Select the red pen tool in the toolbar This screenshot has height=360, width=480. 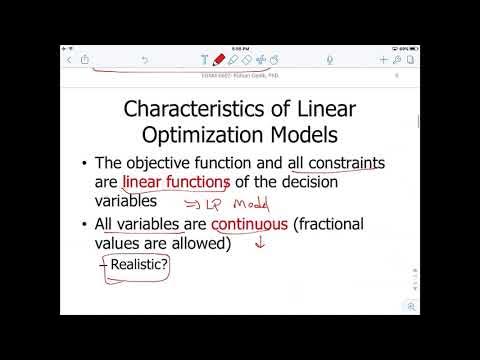coord(218,59)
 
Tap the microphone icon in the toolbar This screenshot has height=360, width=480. coord(330,60)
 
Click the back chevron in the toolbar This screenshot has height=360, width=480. coord(69,60)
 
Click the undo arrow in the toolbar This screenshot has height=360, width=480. coord(145,60)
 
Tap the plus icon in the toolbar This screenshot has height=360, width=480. coord(383,60)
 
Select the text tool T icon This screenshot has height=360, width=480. coord(204,60)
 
